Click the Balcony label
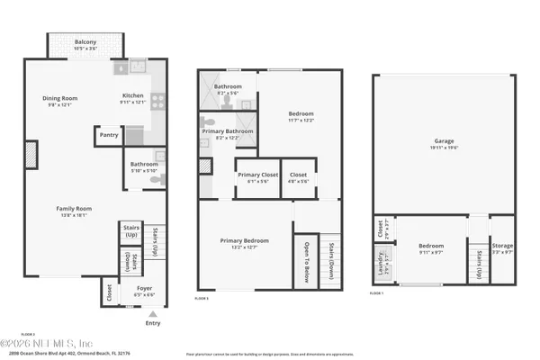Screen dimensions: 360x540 (x=85, y=41)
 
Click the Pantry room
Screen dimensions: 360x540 (x=109, y=136)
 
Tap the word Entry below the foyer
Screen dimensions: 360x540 (x=152, y=323)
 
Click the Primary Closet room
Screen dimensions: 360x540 (x=256, y=175)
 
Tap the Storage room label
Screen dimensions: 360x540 (x=502, y=245)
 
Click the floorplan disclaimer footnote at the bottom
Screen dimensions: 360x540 (x=270, y=355)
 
